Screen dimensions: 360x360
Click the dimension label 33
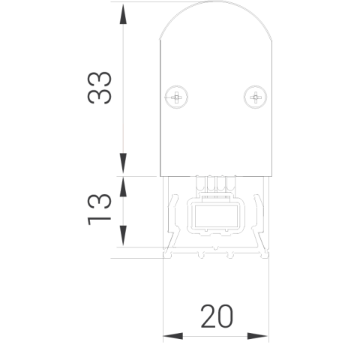click(99, 88)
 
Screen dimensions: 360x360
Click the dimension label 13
click(99, 209)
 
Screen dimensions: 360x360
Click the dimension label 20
click(217, 316)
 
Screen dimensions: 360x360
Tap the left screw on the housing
click(176, 97)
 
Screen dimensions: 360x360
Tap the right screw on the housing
click(255, 97)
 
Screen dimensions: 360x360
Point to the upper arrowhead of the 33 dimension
click(123, 14)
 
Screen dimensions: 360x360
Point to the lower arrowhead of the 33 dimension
click(123, 163)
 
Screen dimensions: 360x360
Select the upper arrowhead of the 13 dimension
click(123, 187)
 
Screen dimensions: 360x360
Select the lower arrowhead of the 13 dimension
click(123, 235)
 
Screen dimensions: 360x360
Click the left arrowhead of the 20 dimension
click(173, 336)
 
